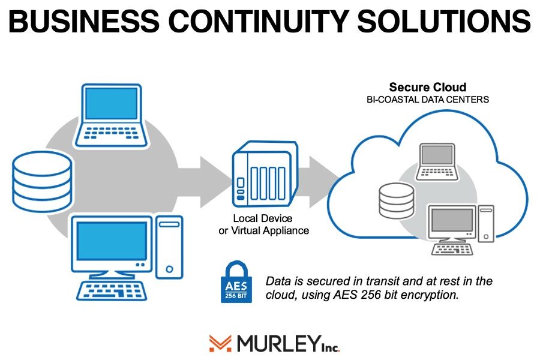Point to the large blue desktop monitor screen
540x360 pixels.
[112, 240]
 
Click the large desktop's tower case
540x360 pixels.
[169, 247]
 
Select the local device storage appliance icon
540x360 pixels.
[265, 174]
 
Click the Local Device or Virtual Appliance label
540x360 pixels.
[263, 224]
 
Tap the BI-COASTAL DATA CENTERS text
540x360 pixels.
[427, 100]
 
